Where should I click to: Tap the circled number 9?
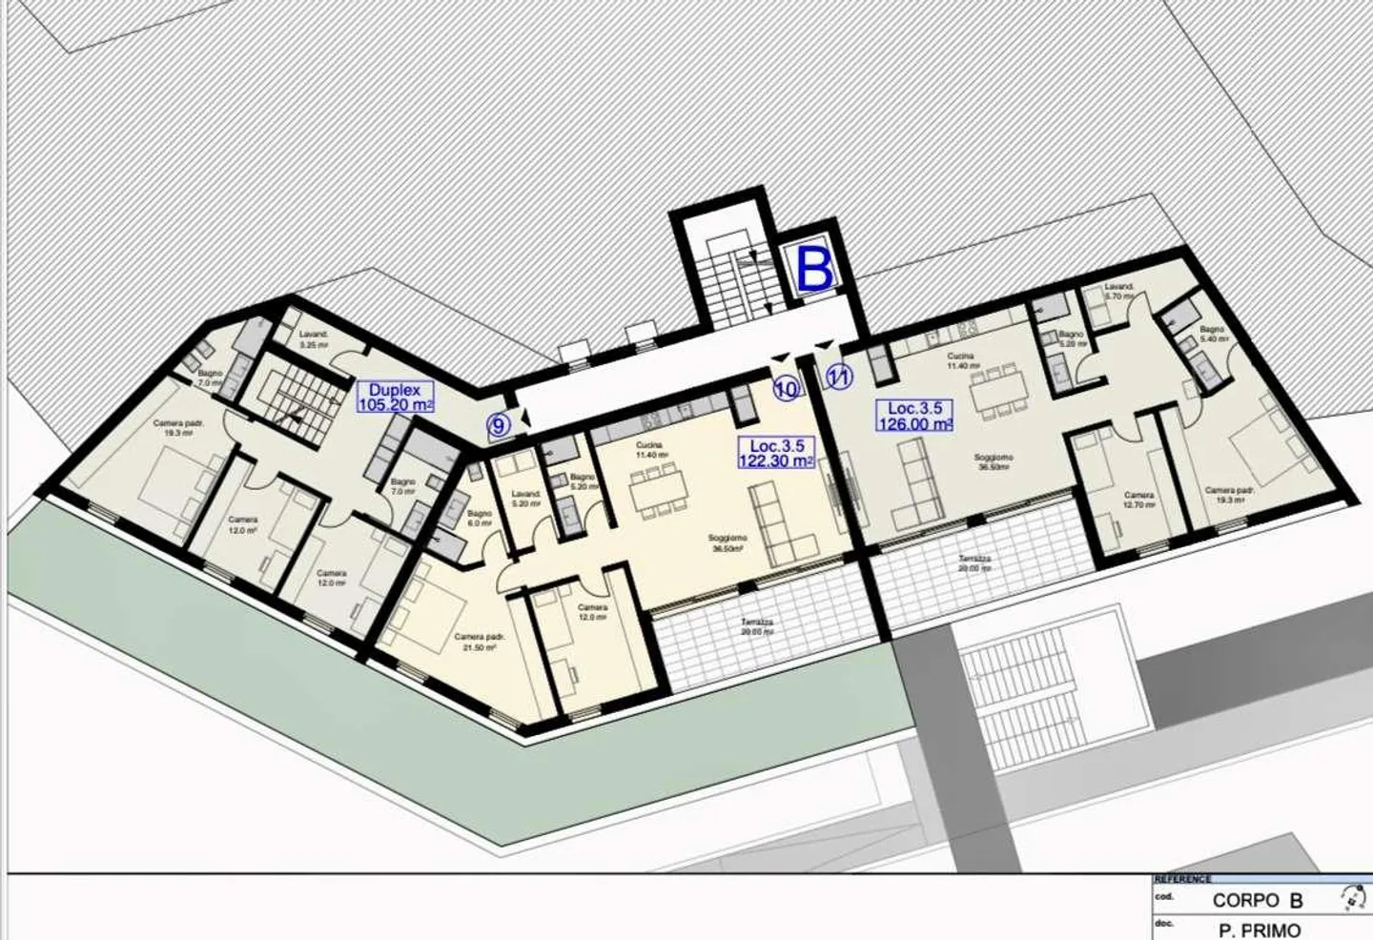499,426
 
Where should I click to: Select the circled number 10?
786,389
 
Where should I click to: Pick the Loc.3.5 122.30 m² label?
776,453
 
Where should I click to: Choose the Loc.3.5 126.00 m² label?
915,417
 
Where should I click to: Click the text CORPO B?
1257,900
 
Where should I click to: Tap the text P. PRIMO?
1259,930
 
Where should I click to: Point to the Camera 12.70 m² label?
1138,501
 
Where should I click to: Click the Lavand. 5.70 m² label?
1119,291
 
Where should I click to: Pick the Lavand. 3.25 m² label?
314,339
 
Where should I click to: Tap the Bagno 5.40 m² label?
1212,334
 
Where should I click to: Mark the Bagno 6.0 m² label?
480,518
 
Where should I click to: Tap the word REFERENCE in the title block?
1183,879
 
